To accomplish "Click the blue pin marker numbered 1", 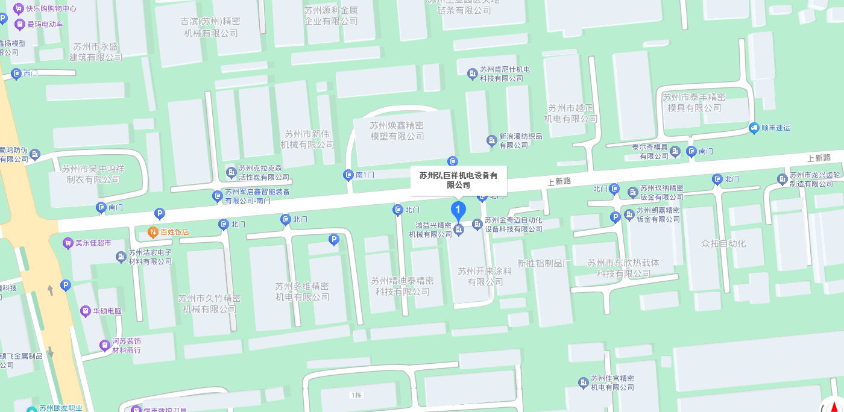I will pyautogui.click(x=459, y=211).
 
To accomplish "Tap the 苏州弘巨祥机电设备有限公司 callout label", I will pyautogui.click(x=459, y=180).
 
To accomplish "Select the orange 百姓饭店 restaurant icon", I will pyautogui.click(x=154, y=231).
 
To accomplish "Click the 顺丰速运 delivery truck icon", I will pyautogui.click(x=754, y=128).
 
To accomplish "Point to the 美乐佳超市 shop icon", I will pyautogui.click(x=68, y=243).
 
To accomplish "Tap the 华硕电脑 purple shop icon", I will pyautogui.click(x=86, y=311).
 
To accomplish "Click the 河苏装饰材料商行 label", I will pyautogui.click(x=127, y=345).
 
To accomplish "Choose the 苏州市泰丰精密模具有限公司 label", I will pyautogui.click(x=694, y=102).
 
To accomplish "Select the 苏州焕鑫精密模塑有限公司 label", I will pyautogui.click(x=397, y=131).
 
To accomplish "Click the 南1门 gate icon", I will pyautogui.click(x=348, y=175).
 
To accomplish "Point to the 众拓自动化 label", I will pyautogui.click(x=723, y=243).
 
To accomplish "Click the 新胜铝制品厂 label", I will pyautogui.click(x=544, y=263).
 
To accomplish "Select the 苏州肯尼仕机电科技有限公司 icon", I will pyautogui.click(x=473, y=73).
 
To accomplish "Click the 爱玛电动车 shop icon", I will pyautogui.click(x=20, y=24).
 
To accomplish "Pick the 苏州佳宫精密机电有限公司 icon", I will pyautogui.click(x=583, y=382).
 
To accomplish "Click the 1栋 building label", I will pyautogui.click(x=356, y=395).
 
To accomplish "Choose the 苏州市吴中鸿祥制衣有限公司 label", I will pyautogui.click(x=93, y=174).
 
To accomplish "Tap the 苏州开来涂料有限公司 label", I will pyautogui.click(x=484, y=276).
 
